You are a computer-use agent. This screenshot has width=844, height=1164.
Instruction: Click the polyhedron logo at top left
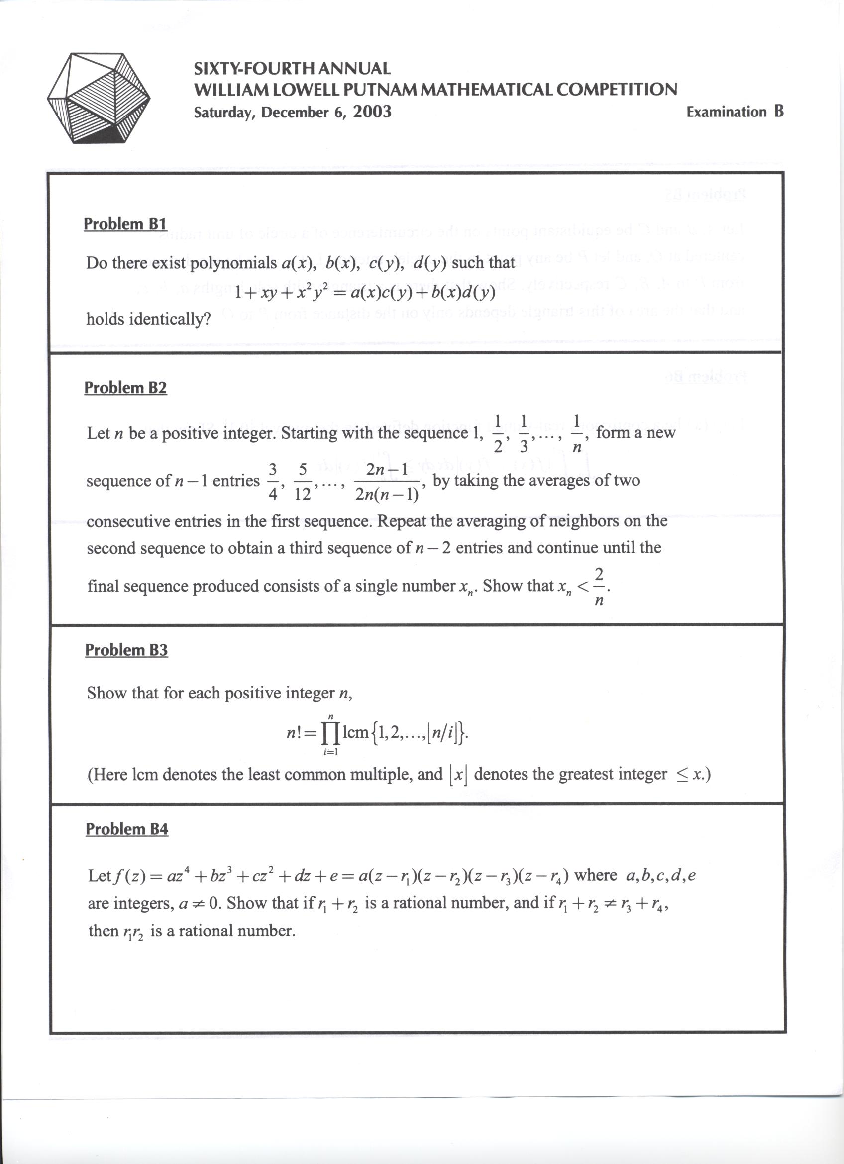[99, 98]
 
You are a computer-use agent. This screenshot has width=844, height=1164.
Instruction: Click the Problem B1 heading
[125, 224]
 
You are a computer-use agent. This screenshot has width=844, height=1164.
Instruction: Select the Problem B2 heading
[126, 387]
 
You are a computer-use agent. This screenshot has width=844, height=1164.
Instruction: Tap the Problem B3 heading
[126, 650]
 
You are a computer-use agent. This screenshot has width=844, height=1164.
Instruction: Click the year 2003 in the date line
[372, 112]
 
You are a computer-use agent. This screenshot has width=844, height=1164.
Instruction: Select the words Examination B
[735, 112]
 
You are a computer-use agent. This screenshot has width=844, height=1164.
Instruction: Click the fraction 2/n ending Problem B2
[598, 586]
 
